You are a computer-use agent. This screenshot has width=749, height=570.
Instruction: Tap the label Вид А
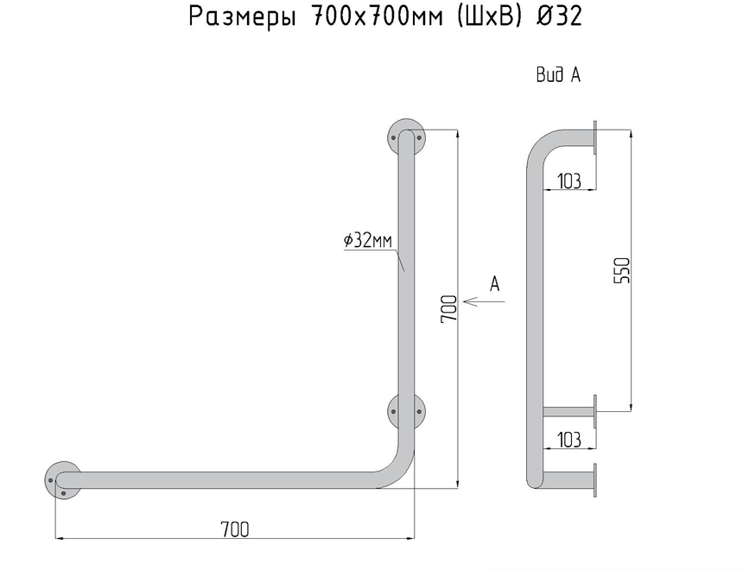pyautogui.click(x=557, y=76)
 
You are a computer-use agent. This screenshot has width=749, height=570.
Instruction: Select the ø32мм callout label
pyautogui.click(x=367, y=241)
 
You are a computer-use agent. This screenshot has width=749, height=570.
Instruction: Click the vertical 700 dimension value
pyautogui.click(x=448, y=308)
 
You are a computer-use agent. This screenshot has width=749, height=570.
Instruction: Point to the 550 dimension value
pyautogui.click(x=625, y=270)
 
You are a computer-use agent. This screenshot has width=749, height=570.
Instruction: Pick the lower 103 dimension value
pyautogui.click(x=568, y=440)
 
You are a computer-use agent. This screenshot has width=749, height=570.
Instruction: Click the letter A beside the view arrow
pyautogui.click(x=495, y=283)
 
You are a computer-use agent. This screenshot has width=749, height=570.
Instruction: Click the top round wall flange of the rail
pyautogui.click(x=406, y=136)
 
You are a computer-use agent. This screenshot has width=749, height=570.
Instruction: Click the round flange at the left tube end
pyautogui.click(x=62, y=479)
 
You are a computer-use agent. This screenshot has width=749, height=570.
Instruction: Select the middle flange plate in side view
pyautogui.click(x=596, y=410)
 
